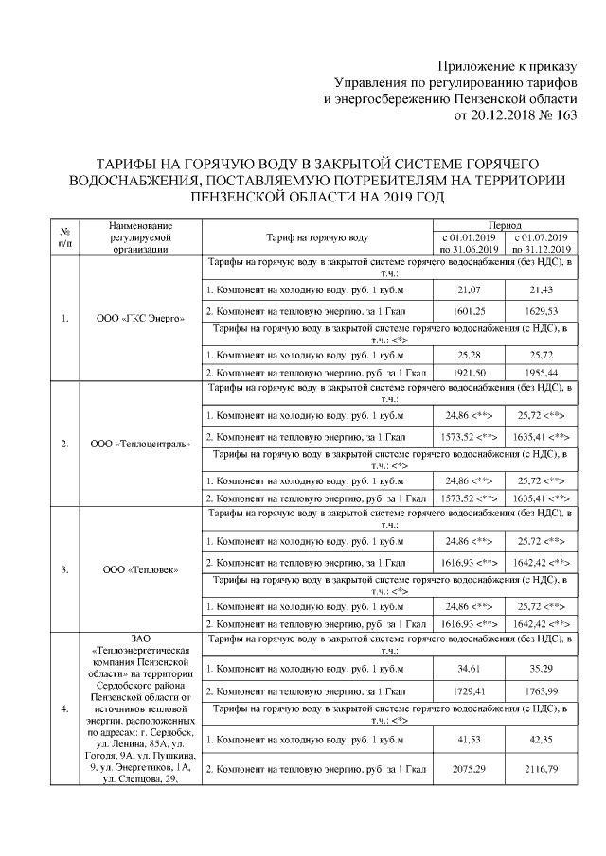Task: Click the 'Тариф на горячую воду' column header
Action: coord(317,237)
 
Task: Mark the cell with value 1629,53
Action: coord(541,310)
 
